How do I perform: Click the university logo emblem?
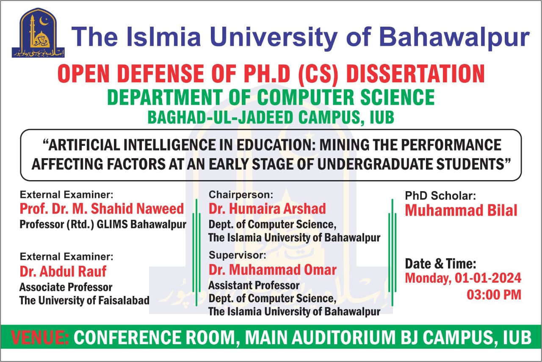coord(38,33)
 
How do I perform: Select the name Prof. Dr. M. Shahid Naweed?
coord(102,209)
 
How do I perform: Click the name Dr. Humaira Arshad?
coord(267,209)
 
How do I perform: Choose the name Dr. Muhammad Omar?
coord(273,270)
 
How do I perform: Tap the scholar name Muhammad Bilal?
coord(461,210)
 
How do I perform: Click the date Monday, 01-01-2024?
coord(463,278)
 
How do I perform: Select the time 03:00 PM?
coord(494,294)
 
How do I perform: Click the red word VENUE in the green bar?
coord(41,337)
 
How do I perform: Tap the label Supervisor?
coord(237,255)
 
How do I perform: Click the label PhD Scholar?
coord(440,196)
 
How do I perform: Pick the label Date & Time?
coord(441,264)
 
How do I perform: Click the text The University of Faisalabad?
coord(84,301)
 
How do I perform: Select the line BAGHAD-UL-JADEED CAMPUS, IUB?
coord(271,117)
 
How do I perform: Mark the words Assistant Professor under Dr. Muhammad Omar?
coord(254,285)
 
